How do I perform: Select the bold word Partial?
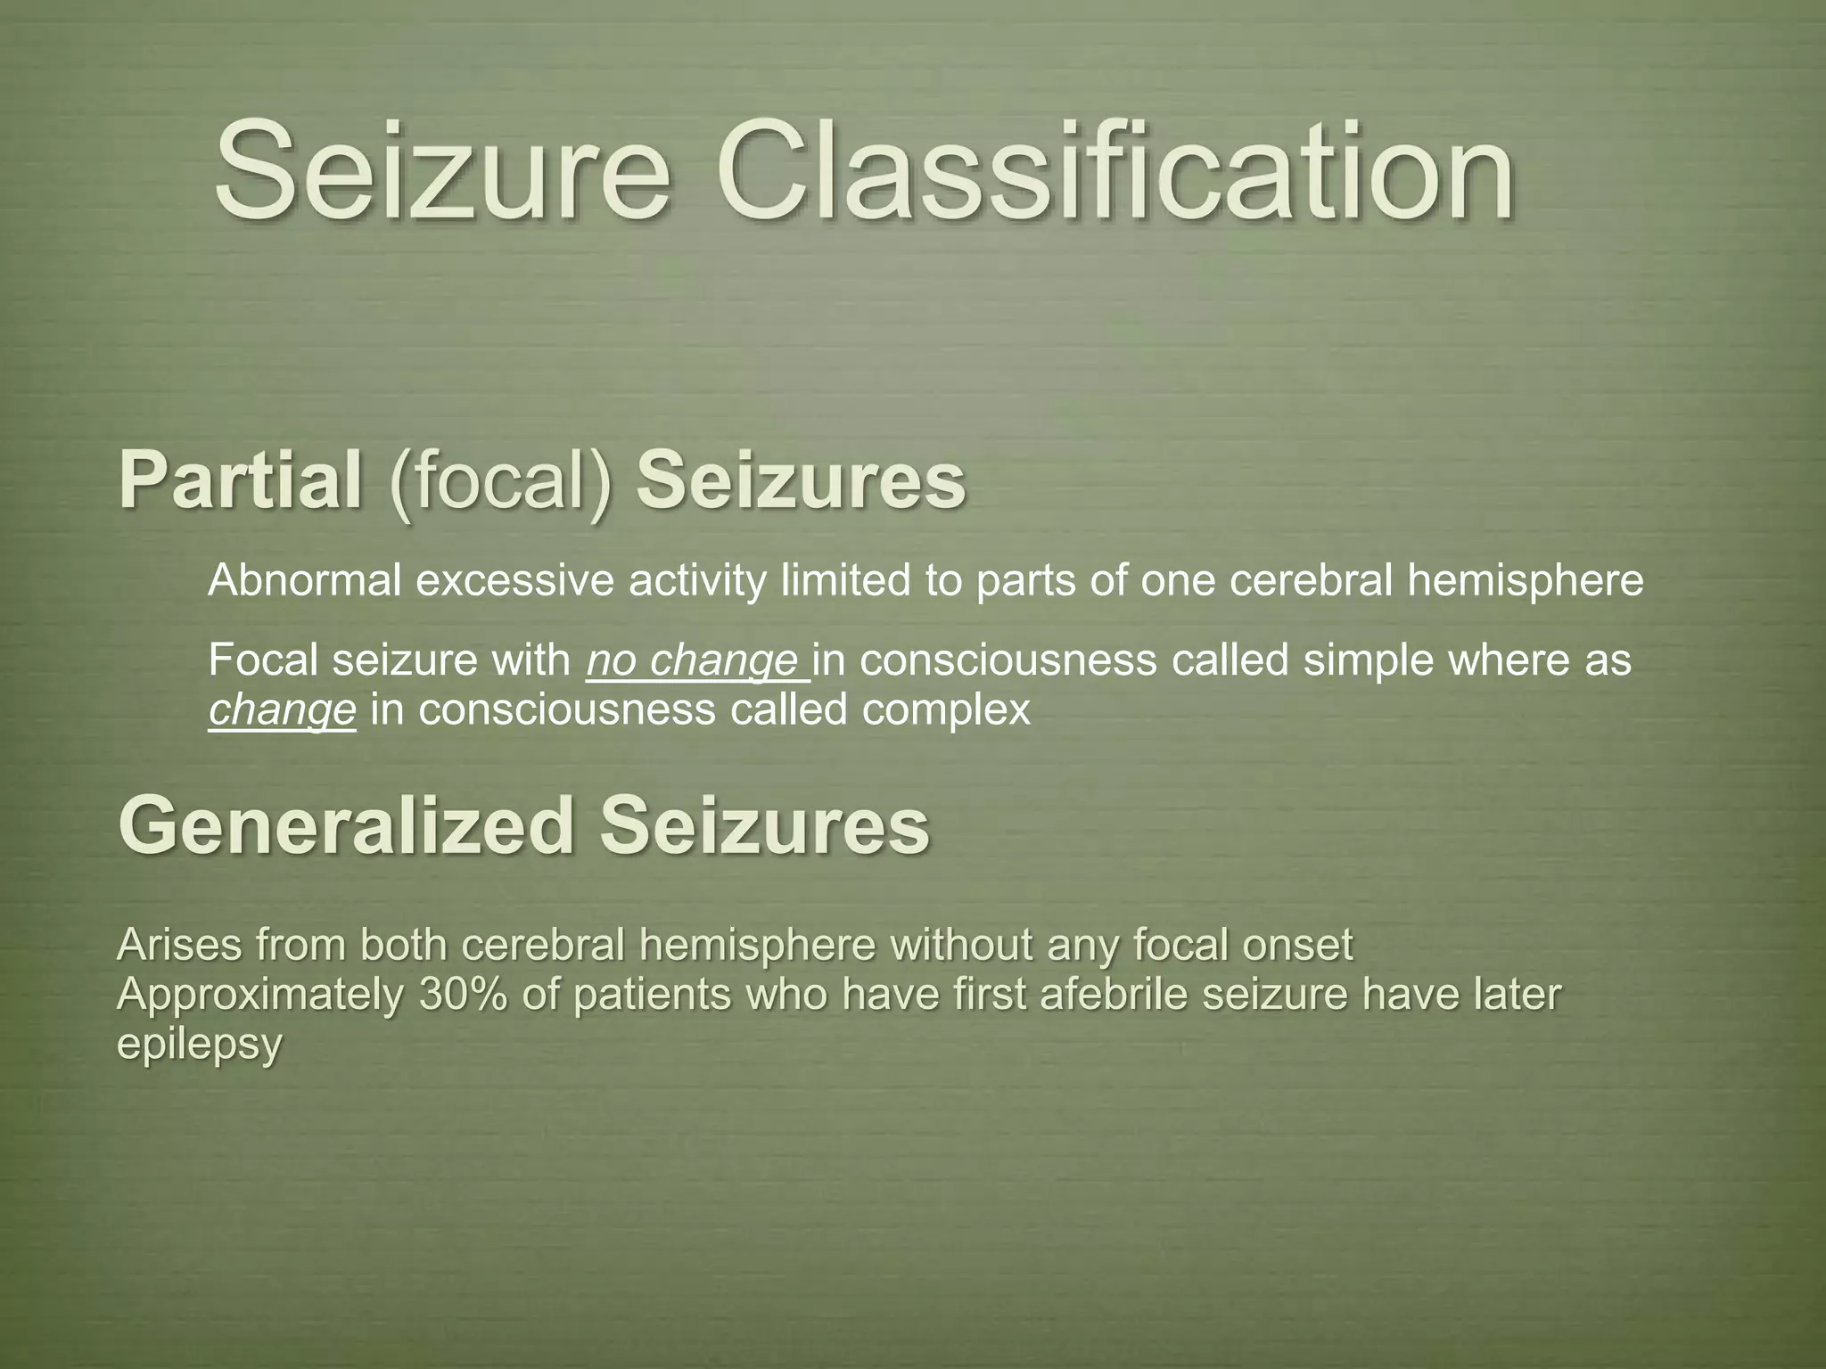coord(241,481)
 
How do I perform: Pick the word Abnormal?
coord(304,581)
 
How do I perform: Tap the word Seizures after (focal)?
coord(801,481)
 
